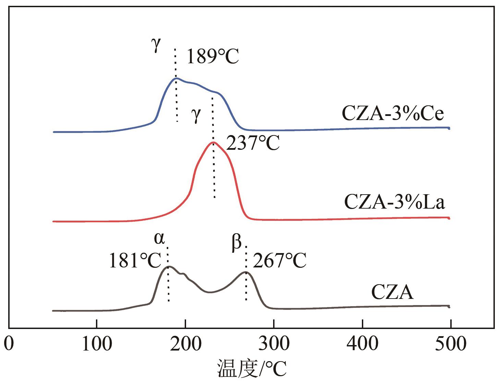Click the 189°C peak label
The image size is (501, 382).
tap(212, 56)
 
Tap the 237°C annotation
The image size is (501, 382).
tap(253, 143)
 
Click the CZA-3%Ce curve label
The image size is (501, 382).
tap(393, 114)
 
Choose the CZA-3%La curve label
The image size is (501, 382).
tap(394, 202)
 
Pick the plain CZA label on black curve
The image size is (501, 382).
tap(392, 292)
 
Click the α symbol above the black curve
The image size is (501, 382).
tap(159, 238)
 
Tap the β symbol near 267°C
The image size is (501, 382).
tap(236, 243)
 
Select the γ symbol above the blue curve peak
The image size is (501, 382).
tap(156, 45)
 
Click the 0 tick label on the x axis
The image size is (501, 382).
tap(9, 343)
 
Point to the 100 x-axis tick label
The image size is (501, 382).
tap(97, 343)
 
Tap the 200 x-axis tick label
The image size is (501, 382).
tap(185, 343)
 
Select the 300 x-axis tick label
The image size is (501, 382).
tap(274, 343)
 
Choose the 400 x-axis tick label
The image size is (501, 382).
tap(363, 343)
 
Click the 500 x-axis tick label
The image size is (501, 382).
tap(451, 343)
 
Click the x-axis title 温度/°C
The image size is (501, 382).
tap(252, 369)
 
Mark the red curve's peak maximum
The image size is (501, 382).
tap(213, 142)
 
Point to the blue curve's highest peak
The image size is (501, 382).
tap(176, 78)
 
